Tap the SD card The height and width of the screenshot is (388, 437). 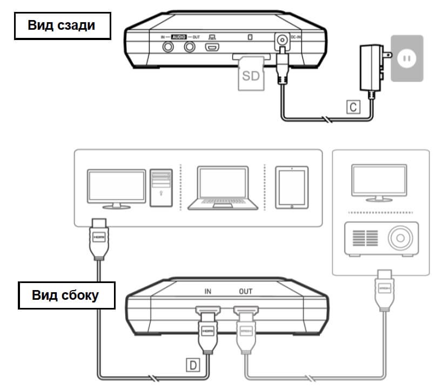(250, 75)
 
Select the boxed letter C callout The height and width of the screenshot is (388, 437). (352, 107)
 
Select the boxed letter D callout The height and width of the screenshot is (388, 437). (192, 366)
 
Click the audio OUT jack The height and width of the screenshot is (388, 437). (190, 47)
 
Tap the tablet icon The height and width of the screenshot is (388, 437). (291, 187)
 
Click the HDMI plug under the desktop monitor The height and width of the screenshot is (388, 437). (99, 239)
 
